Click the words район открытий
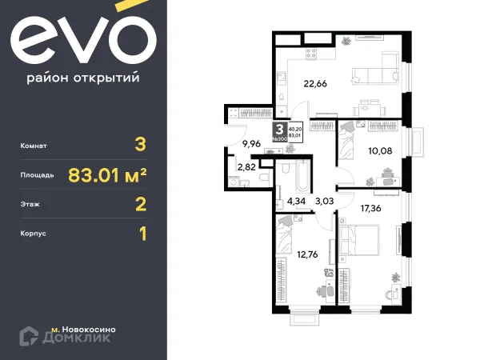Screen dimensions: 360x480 coord(84,78)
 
